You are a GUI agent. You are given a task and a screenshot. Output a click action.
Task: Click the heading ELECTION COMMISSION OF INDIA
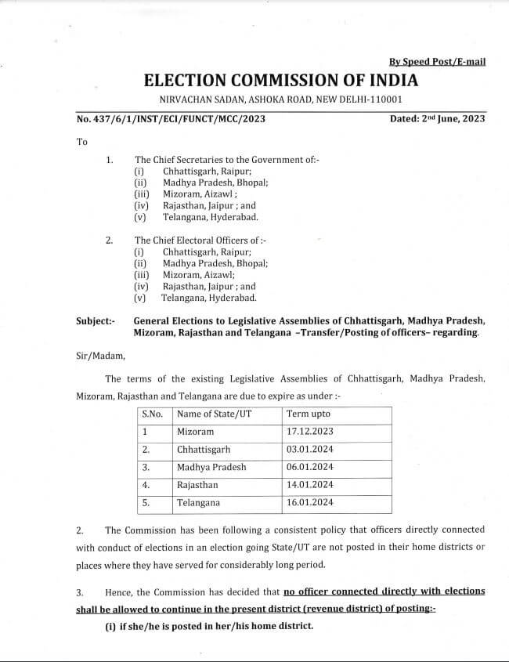tap(280, 80)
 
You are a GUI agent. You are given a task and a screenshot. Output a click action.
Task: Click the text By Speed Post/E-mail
tap(437, 61)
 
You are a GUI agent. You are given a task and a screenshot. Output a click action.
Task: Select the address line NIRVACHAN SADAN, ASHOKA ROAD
tap(280, 99)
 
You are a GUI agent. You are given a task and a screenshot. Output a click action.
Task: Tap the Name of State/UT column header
tap(214, 414)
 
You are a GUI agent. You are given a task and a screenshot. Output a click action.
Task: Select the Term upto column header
tap(309, 414)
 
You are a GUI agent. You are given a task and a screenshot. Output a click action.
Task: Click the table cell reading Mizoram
tap(196, 432)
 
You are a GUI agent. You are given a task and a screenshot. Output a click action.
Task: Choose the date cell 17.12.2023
tap(310, 432)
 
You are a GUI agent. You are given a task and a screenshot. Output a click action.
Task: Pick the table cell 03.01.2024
tap(310, 450)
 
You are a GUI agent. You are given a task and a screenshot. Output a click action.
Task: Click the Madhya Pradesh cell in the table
tap(211, 467)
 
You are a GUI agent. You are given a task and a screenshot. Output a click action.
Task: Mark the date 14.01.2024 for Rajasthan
tap(310, 485)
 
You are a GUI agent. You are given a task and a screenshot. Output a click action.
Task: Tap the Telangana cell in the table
tap(198, 503)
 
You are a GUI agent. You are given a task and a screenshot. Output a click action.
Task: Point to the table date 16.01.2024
tap(310, 503)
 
